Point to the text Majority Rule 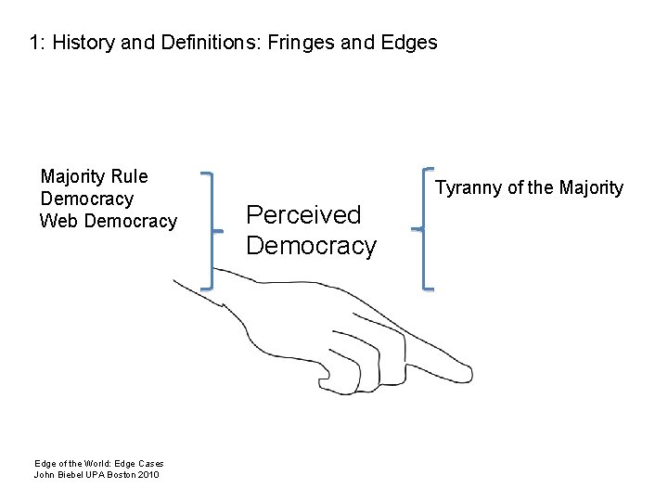click(94, 176)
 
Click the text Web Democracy click(108, 221)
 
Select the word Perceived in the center click(303, 215)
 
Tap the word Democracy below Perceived click(311, 247)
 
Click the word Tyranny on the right click(467, 188)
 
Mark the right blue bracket click(425, 228)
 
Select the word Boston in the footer click(123, 475)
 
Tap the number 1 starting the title click(33, 43)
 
